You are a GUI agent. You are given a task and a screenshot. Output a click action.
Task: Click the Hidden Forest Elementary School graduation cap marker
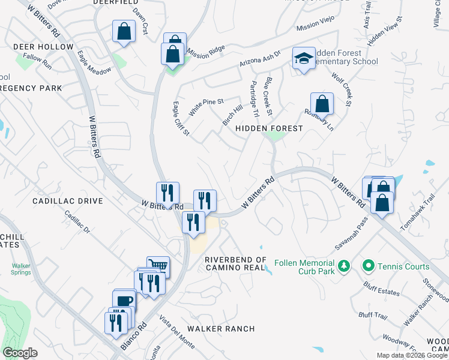304,59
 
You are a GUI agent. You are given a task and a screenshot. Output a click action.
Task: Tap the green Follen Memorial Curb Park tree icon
344,265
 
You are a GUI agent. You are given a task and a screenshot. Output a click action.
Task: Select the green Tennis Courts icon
369,265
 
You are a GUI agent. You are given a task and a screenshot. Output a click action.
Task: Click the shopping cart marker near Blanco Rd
158,265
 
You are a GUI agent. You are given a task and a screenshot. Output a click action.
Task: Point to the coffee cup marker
124,300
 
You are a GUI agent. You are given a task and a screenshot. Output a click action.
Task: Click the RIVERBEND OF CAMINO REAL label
235,263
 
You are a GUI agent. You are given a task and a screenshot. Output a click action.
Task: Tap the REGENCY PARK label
31,88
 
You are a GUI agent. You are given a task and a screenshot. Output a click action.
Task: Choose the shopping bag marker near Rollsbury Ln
322,103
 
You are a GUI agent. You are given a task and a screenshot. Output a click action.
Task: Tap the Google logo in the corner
20,353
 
